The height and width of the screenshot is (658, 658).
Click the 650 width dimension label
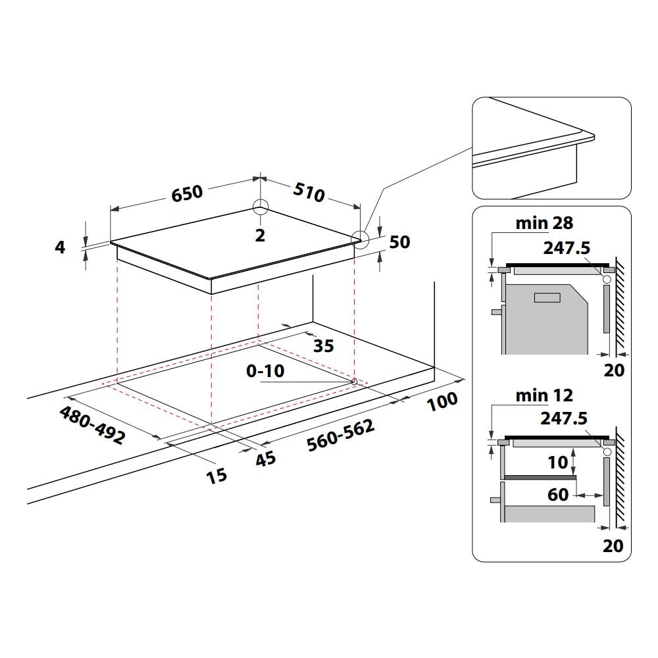coord(188,193)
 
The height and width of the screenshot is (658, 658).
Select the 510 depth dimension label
coord(309,193)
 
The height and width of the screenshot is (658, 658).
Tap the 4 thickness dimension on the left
coord(61,248)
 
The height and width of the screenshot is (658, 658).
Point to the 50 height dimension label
coord(399,242)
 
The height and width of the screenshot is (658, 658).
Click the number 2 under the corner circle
coord(260,236)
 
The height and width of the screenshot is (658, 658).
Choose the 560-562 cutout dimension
coord(341,436)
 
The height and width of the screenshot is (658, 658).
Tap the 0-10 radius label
coord(265,372)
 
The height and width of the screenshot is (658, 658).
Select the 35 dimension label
coord(323,345)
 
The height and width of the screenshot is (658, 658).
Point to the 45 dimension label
coord(265,459)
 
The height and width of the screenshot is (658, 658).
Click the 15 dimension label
coord(216,474)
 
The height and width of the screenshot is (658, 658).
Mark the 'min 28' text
coord(544,223)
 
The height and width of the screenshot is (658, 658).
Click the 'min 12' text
coord(544,395)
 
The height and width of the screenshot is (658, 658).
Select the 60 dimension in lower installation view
coord(557,493)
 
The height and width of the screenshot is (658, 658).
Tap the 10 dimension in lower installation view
coord(557,463)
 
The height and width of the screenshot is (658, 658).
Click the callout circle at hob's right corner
coord(360,238)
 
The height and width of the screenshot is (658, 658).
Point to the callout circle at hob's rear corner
coord(261,207)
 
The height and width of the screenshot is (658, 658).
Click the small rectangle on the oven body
coord(547,298)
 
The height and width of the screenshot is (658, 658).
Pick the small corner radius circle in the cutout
coord(355,381)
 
